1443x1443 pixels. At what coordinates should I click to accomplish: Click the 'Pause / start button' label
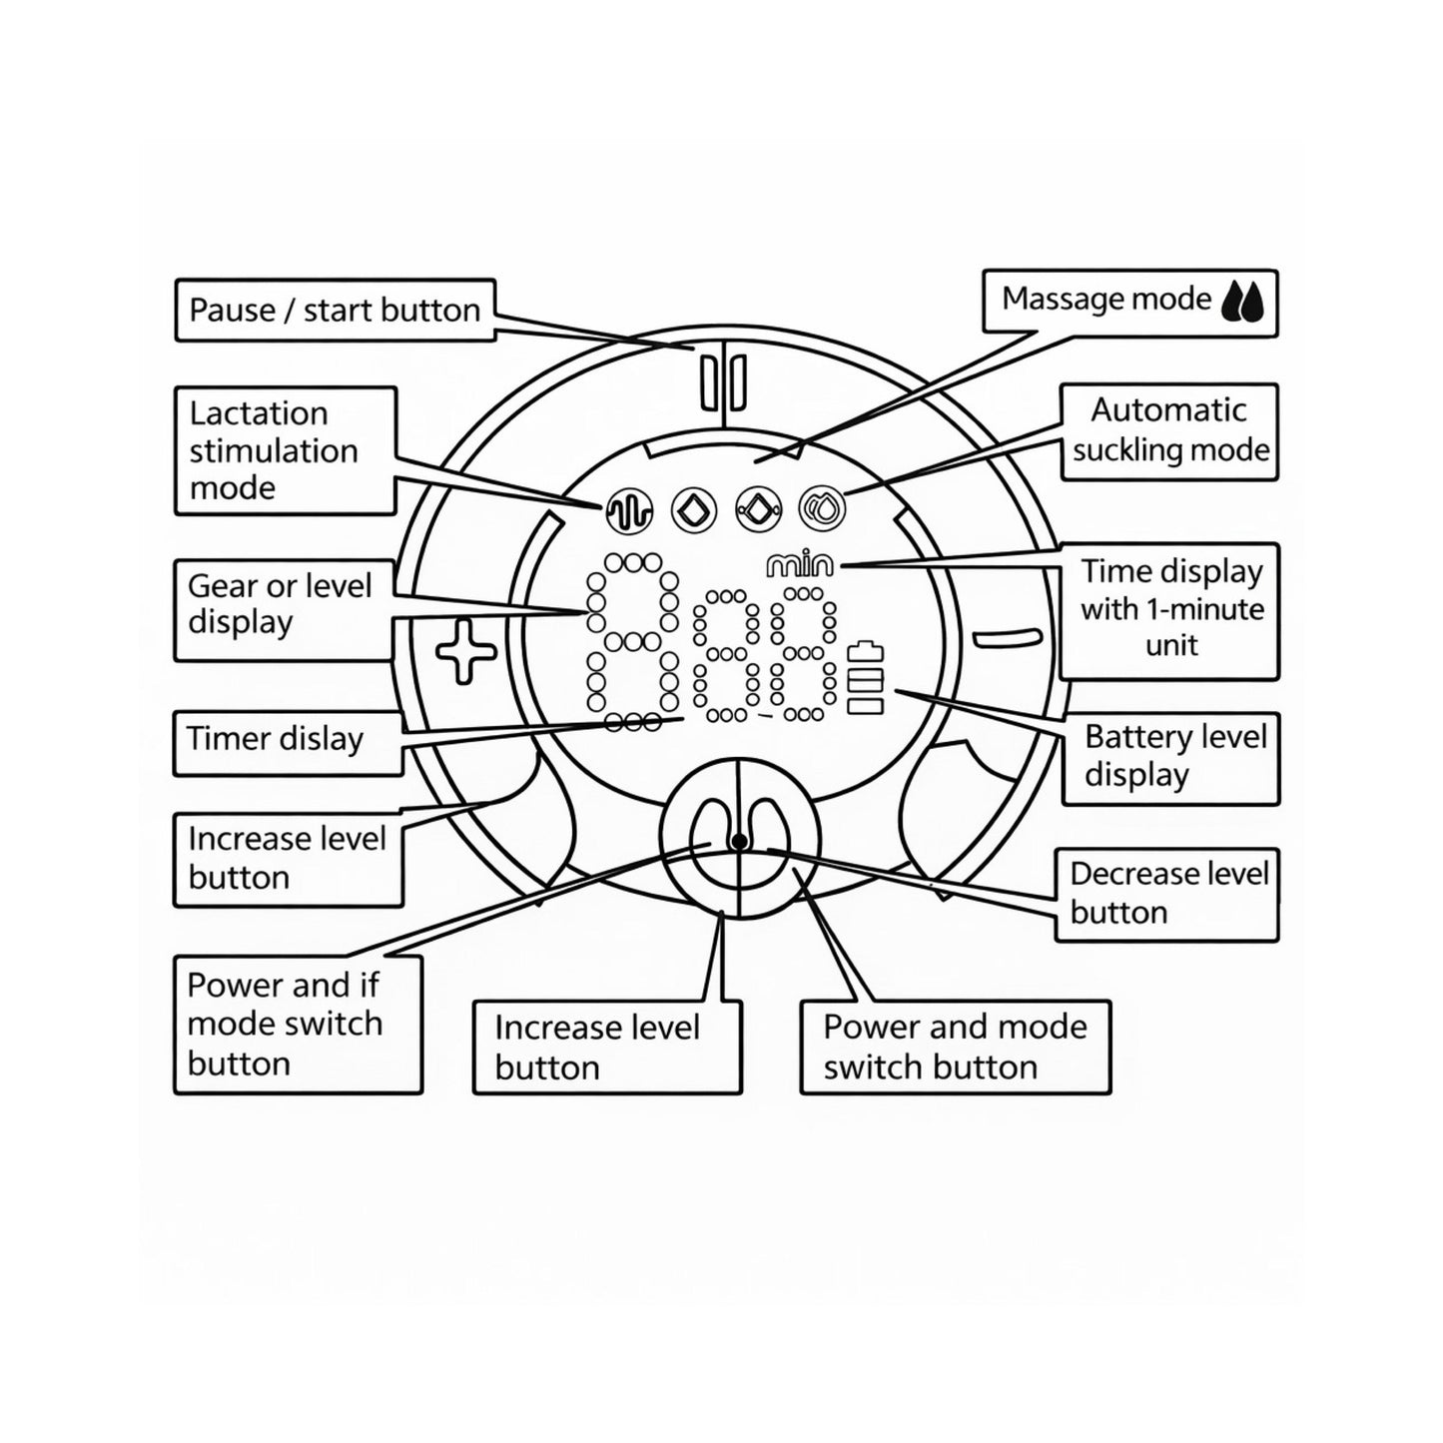335,310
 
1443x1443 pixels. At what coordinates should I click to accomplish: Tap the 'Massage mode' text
1106,299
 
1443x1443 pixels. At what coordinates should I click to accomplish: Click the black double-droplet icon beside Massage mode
1242,302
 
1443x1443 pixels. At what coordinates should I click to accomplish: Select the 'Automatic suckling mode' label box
1169,431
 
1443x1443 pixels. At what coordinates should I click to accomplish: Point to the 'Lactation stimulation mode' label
286,450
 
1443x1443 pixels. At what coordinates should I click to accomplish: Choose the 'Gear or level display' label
284,610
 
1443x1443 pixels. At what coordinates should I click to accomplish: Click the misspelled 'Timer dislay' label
288,743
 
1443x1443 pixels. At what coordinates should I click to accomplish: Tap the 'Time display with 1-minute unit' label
1169,611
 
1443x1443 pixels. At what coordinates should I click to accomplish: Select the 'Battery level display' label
1170,758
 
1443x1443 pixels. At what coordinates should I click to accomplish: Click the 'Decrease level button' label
1166,894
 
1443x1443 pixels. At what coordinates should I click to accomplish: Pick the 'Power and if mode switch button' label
298,1025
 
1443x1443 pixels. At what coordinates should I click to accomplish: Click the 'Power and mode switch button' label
956,1047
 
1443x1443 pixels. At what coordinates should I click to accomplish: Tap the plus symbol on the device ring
465,651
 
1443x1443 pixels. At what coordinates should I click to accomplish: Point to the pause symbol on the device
723,382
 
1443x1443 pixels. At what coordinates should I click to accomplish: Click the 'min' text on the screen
799,565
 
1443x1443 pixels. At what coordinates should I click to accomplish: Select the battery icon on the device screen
865,678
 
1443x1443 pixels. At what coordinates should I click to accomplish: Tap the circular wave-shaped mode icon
628,510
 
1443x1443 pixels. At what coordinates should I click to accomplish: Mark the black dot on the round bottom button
738,842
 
